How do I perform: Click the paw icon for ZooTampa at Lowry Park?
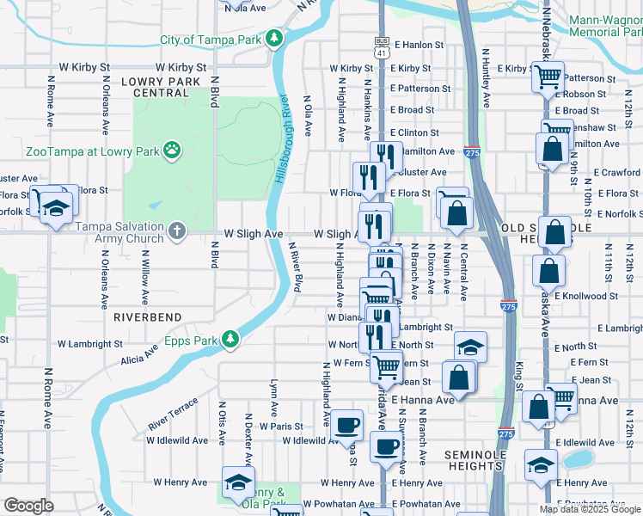[x=172, y=149]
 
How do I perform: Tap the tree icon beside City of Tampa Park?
[x=274, y=38]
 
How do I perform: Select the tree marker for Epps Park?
[x=230, y=339]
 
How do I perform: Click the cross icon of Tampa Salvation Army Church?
[x=176, y=230]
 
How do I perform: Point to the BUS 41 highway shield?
[x=382, y=46]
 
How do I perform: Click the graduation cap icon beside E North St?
[x=470, y=347]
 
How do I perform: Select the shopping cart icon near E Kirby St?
[x=547, y=77]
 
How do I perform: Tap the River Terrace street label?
[x=173, y=415]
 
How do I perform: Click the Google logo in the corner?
[x=28, y=506]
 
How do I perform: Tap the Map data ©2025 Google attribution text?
[x=590, y=509]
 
